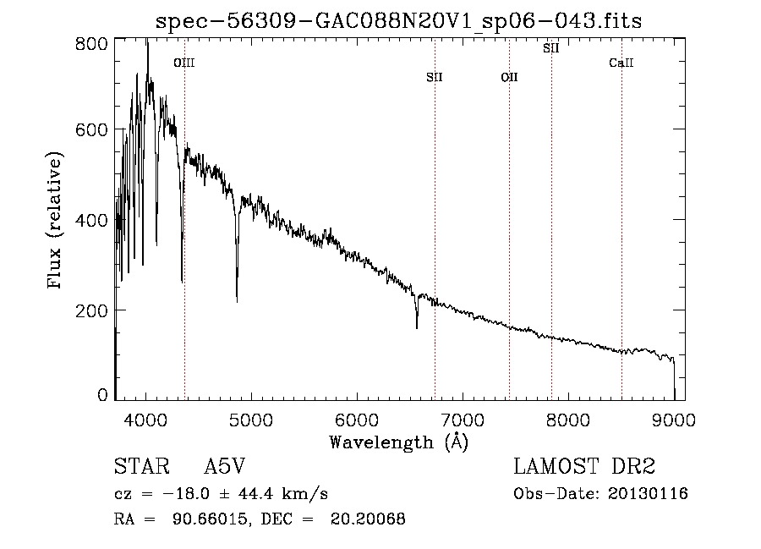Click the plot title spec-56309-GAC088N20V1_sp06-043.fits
[x=398, y=21]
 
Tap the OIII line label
[x=184, y=63]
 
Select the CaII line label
[x=621, y=63]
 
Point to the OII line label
[x=509, y=77]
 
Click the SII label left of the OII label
[x=435, y=77]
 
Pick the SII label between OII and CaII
[x=550, y=48]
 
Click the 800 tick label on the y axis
[x=91, y=44]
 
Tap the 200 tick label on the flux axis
[x=91, y=310]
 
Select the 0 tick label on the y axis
[x=102, y=395]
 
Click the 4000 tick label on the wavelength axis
[x=145, y=420]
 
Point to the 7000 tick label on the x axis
[x=462, y=420]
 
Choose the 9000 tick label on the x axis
[x=673, y=420]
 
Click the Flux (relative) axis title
[x=55, y=220]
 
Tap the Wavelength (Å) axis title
[x=399, y=442]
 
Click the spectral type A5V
[x=224, y=466]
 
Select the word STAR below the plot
[x=142, y=466]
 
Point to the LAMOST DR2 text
[x=584, y=466]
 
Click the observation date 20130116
[x=648, y=494]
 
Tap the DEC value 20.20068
[x=368, y=519]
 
